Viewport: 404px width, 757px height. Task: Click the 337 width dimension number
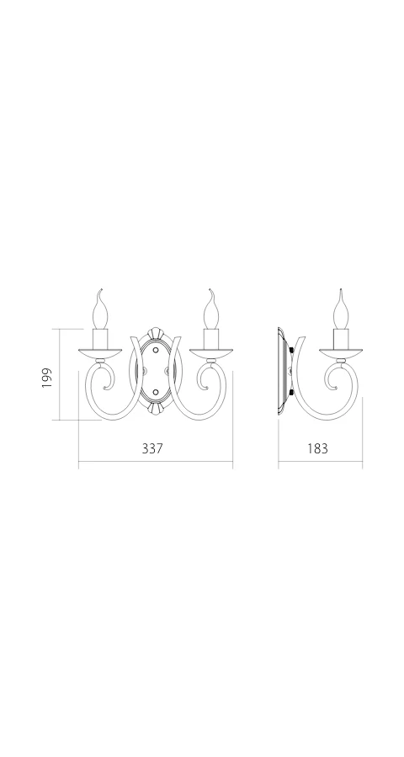[152, 448]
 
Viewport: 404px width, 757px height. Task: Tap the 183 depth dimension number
[317, 448]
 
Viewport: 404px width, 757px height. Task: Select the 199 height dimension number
[46, 378]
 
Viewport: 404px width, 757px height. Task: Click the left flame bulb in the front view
[99, 310]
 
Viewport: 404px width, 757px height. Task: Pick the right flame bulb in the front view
[210, 310]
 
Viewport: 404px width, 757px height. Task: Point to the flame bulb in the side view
[341, 310]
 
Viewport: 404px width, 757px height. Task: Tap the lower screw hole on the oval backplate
[156, 391]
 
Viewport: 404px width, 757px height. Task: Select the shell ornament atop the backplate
[156, 334]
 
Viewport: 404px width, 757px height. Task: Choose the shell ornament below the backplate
[156, 408]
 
